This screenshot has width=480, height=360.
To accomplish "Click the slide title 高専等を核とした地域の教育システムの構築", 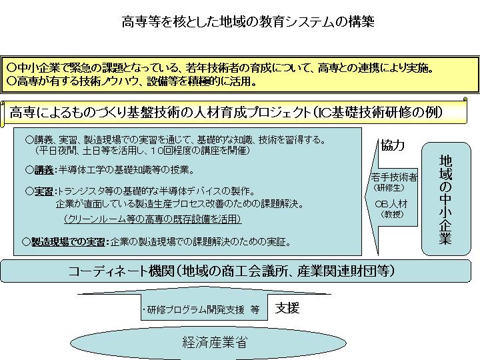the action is [248, 22].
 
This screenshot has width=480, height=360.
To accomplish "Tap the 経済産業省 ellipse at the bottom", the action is [208, 342].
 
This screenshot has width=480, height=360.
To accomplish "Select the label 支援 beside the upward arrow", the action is [287, 308].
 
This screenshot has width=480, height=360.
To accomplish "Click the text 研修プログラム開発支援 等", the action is [201, 310].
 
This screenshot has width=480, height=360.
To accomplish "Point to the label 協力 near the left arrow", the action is [393, 145].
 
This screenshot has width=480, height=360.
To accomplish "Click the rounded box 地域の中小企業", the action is [446, 199].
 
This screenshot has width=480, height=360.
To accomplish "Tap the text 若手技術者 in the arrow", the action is [394, 177].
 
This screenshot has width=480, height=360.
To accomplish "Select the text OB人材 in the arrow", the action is [391, 203].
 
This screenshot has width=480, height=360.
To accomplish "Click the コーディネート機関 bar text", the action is [231, 271].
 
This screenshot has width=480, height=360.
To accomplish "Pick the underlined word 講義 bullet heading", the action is [44, 170].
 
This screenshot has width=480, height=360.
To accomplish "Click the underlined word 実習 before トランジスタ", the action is [44, 191].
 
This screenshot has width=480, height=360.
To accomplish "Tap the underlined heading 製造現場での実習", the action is [68, 242].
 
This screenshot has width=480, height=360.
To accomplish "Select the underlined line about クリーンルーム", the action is [153, 219].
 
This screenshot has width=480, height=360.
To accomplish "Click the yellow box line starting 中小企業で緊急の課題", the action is [220, 67].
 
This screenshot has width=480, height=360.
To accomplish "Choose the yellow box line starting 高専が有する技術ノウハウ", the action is [131, 81].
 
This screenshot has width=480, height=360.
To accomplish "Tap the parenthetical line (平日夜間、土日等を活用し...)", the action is [143, 150].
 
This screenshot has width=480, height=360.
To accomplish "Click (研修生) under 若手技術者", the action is [389, 187].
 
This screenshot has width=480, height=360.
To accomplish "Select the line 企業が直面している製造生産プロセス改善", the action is [180, 204].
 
